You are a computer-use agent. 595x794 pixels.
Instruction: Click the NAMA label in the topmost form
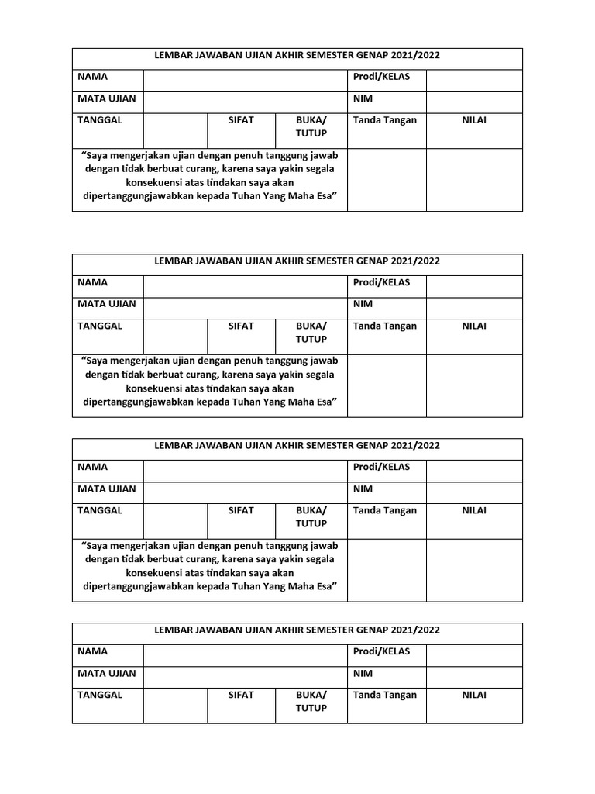92,77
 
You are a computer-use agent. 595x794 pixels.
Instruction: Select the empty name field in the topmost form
245,80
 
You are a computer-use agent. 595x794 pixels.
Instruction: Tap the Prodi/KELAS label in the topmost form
381,77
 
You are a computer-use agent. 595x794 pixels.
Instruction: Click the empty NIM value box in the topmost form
473,102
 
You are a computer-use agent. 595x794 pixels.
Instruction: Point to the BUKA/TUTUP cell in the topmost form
311,126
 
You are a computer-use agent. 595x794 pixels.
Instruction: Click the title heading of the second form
297,261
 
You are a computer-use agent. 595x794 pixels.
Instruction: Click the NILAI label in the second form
474,326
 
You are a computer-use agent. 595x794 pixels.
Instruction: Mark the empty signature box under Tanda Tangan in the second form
386,385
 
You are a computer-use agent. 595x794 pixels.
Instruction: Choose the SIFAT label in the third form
241,511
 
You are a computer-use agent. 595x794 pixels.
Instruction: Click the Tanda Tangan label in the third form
385,511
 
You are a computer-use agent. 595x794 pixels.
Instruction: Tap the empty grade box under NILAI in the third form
473,570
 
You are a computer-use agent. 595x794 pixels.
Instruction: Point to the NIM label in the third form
363,489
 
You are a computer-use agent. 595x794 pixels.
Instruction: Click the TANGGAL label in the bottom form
100,696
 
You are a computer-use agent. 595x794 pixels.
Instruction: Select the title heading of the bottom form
297,630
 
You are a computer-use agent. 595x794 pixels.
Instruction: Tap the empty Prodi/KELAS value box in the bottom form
473,654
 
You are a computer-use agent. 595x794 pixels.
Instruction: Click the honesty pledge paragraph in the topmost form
210,176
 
